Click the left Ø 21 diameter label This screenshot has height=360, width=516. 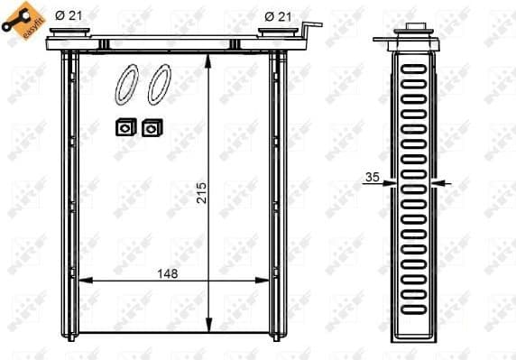69,15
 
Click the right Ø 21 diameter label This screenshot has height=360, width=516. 279,15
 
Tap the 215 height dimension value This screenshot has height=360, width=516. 201,192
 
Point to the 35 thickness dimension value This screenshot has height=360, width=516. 372,178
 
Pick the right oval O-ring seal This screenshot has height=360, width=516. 158,84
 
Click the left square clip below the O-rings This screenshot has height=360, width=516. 124,128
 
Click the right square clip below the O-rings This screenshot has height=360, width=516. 151,128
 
